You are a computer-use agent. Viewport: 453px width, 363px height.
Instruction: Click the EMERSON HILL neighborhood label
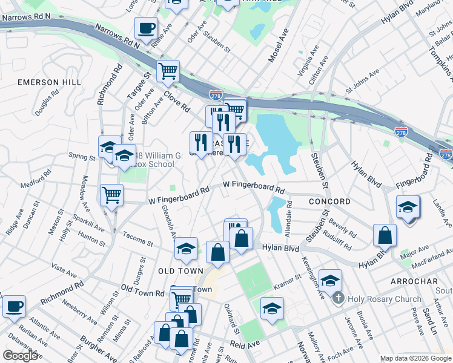50,82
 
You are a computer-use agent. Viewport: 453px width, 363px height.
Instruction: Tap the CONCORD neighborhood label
329,201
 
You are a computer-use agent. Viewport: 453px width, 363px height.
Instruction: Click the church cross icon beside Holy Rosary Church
339,298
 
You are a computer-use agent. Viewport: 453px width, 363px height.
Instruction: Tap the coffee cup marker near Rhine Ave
146,28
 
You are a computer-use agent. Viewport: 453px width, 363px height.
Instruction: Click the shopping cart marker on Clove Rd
168,71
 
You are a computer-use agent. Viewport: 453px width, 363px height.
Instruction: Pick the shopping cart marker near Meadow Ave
111,195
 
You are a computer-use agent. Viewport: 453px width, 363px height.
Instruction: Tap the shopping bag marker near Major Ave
385,235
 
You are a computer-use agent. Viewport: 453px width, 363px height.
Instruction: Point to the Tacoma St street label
136,235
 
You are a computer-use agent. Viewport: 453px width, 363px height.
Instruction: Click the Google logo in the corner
21,356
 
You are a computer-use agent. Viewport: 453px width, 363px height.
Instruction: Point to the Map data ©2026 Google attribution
415,358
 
